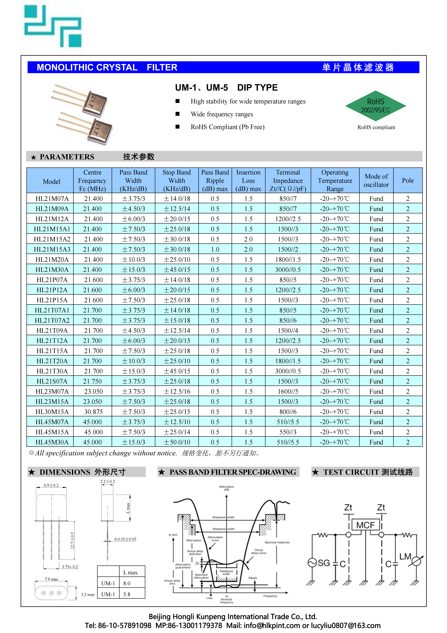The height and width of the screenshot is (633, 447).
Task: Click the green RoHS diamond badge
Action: coord(375,106)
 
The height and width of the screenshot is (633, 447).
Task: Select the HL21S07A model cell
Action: coord(52,381)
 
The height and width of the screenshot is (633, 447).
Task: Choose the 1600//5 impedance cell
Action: coord(288,392)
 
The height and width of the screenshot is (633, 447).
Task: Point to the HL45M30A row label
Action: coord(52,442)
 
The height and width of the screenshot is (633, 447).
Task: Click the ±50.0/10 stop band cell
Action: coord(177,442)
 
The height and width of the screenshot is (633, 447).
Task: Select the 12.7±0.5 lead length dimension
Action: coord(72,540)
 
